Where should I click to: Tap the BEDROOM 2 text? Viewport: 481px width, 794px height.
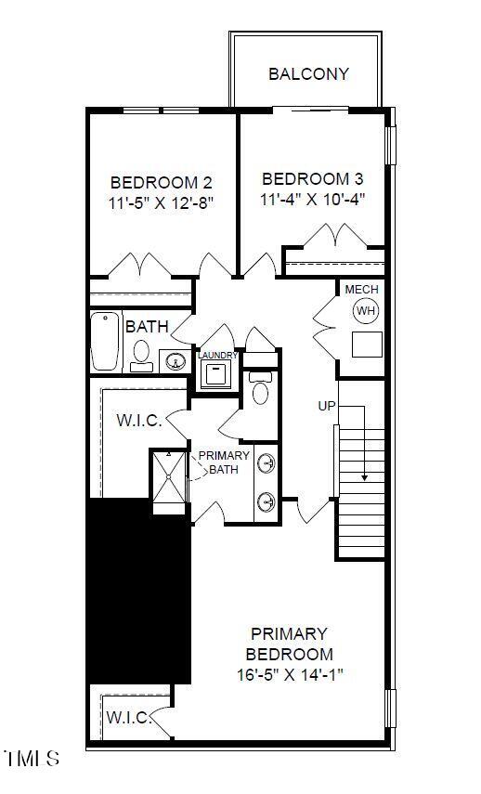coord(154,183)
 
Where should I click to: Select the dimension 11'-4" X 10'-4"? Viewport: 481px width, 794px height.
coord(312,199)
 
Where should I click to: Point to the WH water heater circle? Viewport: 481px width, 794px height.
coord(366,310)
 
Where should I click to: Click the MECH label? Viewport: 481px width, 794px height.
coord(362,290)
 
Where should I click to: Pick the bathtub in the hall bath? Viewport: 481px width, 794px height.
coord(107,341)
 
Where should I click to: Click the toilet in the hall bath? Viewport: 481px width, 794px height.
coord(141,354)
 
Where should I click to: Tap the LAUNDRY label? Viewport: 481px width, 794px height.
coord(218,356)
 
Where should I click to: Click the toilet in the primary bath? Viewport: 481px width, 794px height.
coord(260,390)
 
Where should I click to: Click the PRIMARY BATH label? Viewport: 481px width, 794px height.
coord(224,462)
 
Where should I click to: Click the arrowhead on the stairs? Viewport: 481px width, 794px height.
coord(365,476)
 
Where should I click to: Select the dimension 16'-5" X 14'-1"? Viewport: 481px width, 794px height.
coord(289,675)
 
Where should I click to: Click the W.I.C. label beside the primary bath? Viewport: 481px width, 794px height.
coord(139,421)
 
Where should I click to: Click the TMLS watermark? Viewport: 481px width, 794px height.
coord(31,759)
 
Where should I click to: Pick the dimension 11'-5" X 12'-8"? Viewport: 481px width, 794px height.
coord(161,203)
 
